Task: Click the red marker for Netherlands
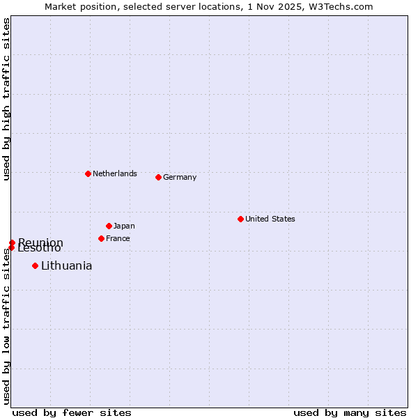88,173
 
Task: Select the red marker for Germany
158,177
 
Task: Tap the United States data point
240,219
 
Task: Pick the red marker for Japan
109,226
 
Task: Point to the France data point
101,238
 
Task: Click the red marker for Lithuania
35,265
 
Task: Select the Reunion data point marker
12,242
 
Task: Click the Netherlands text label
115,173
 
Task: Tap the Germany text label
180,177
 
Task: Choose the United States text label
270,219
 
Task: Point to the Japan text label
124,226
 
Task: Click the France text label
118,238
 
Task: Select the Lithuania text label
66,265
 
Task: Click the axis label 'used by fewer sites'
72,412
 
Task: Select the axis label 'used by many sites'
350,412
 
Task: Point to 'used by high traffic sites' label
6,99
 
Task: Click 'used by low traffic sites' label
6,326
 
